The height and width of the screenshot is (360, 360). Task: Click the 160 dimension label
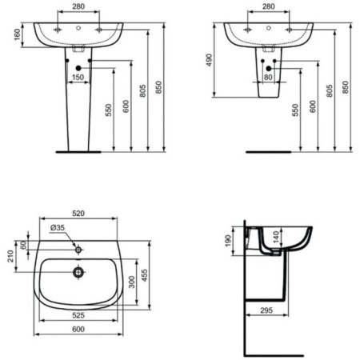pos(18,34)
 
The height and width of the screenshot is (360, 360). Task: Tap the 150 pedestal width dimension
pos(78,78)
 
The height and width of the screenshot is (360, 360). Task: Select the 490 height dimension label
pos(210,60)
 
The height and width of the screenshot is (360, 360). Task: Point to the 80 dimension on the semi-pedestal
pos(268,78)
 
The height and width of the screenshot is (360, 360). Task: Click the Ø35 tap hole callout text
pos(58,228)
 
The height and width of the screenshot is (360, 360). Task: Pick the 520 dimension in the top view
pos(78,214)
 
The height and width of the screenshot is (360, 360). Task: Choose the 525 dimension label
pos(78,315)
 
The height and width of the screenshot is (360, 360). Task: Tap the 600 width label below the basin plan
pos(78,330)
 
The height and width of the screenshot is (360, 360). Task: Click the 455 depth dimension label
pos(144,275)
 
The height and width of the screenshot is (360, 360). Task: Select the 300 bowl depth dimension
pos(132,282)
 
